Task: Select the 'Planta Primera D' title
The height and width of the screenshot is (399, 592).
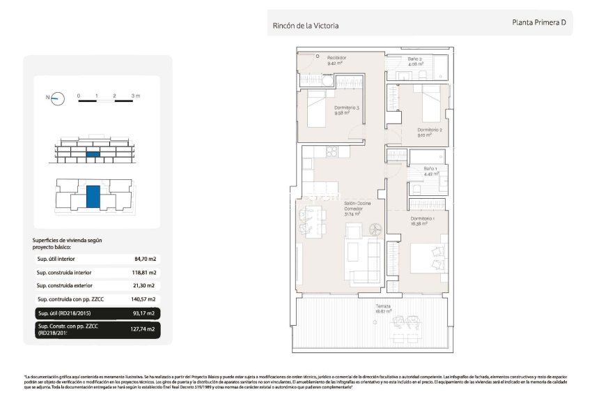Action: click(538, 22)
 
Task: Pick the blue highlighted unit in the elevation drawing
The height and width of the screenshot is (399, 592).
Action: click(92, 153)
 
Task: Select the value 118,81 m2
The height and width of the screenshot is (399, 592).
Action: click(144, 273)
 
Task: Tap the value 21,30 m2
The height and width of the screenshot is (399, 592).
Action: click(145, 286)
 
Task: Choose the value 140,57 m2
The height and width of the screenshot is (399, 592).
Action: click(144, 299)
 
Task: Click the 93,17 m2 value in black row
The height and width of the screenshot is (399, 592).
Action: click(144, 313)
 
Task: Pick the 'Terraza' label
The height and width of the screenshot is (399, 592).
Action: click(361, 307)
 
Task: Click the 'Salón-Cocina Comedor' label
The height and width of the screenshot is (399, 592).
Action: click(355, 208)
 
